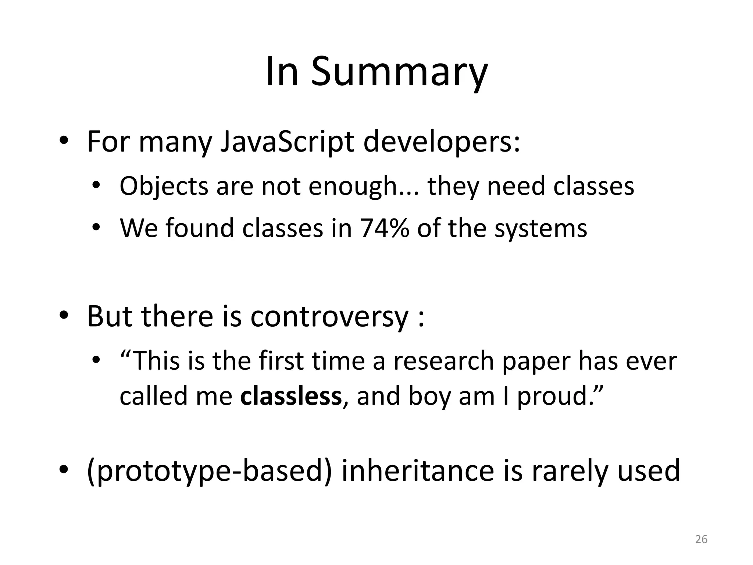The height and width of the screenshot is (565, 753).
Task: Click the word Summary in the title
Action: (x=399, y=72)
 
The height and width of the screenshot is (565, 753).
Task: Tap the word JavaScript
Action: (x=287, y=142)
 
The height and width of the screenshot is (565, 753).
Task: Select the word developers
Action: (x=441, y=142)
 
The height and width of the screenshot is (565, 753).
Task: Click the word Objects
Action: (x=164, y=186)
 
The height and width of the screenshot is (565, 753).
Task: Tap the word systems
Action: (x=540, y=228)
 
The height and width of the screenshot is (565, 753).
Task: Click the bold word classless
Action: (x=291, y=396)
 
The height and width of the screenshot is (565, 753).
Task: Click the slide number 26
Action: (x=701, y=539)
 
